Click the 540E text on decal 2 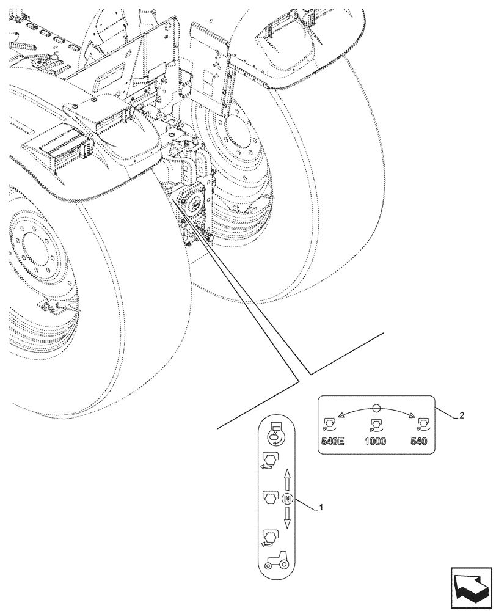[x=334, y=441]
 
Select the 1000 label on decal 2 [x=376, y=441]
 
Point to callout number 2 [x=462, y=415]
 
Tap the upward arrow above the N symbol [x=287, y=480]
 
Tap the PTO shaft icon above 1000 [x=375, y=424]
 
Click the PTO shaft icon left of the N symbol [x=269, y=498]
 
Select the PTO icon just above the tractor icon [x=269, y=536]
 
